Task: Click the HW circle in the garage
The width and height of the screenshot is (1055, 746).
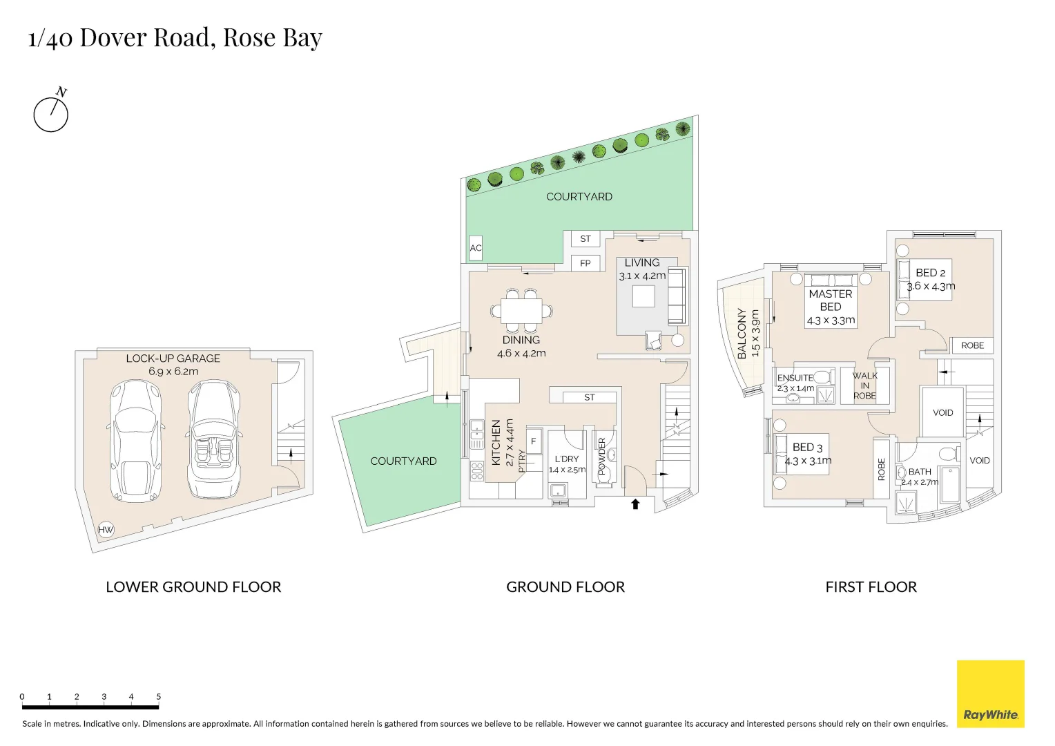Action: (x=106, y=530)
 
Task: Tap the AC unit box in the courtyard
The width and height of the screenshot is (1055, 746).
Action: (x=476, y=248)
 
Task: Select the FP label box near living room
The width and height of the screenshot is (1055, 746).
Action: (x=585, y=263)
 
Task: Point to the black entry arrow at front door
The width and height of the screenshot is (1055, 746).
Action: (x=635, y=504)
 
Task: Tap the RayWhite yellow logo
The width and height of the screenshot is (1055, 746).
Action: (x=990, y=694)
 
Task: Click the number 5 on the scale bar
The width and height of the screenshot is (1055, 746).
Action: (x=158, y=696)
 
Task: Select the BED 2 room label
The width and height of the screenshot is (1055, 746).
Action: (x=930, y=273)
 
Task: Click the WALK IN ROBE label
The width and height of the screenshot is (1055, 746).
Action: (x=864, y=385)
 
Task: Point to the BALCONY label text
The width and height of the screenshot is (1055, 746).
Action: (x=742, y=333)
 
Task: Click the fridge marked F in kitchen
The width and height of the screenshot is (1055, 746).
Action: (x=534, y=441)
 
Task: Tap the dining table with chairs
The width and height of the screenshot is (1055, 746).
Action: (x=521, y=311)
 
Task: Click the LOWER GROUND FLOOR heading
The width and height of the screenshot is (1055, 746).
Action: (x=193, y=587)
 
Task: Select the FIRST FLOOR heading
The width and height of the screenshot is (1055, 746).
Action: (x=871, y=587)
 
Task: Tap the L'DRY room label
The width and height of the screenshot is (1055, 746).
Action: (x=566, y=459)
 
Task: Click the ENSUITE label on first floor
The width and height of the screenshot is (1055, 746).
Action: (x=795, y=378)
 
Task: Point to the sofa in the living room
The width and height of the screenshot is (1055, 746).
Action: (x=677, y=296)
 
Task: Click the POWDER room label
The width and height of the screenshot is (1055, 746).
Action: (x=601, y=456)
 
